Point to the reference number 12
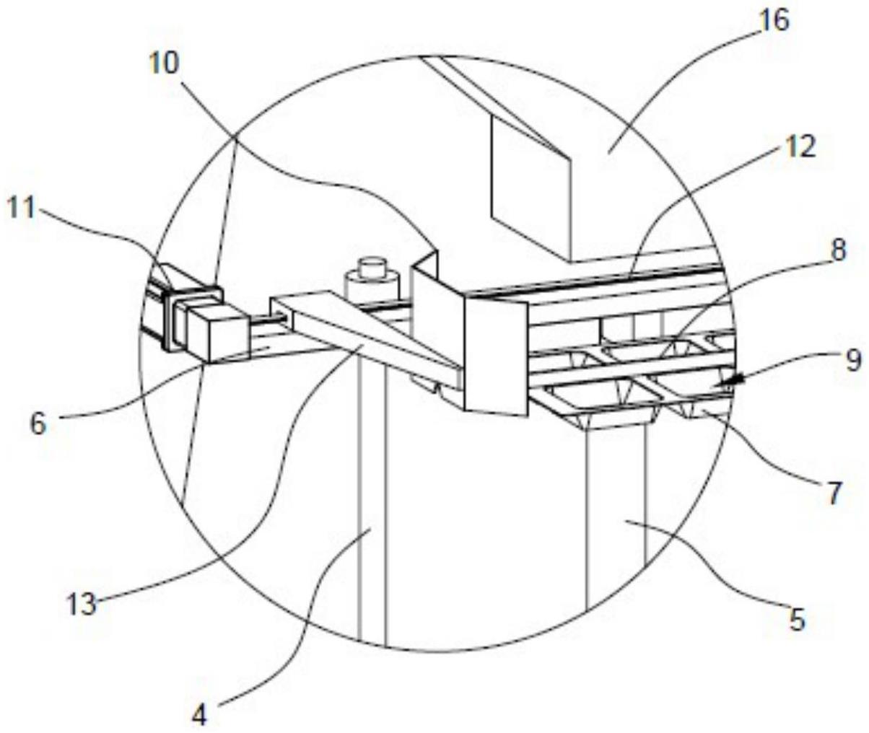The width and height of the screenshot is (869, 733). tap(797, 147)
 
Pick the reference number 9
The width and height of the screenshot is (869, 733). tap(853, 359)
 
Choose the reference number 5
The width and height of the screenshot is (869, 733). tap(796, 619)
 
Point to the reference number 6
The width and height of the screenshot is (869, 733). tap(38, 423)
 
